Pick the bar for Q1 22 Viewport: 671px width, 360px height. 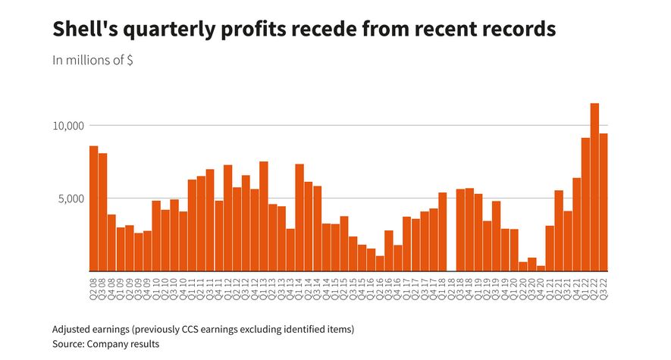[585, 205]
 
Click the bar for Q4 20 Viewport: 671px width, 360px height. [541, 268]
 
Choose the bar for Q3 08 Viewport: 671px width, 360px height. [103, 212]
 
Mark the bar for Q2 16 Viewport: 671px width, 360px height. [380, 263]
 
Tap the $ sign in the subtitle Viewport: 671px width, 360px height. [130, 61]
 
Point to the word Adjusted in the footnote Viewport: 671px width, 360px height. [74, 330]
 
